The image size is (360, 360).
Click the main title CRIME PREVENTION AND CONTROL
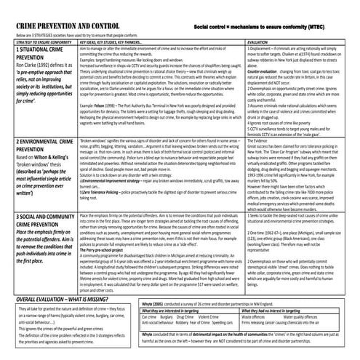[68, 25]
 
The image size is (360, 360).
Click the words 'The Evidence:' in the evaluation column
[258, 148]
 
